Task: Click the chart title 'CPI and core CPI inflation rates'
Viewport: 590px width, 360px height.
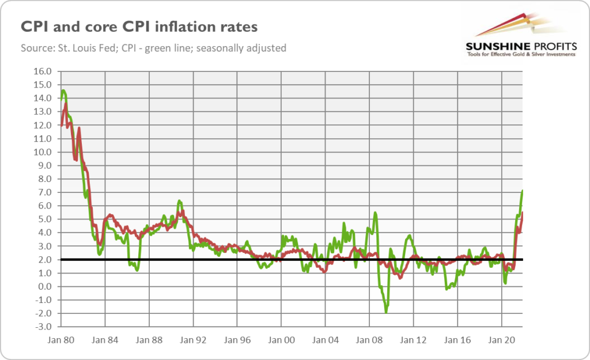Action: [139, 26]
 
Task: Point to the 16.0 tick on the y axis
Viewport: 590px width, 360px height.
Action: [43, 71]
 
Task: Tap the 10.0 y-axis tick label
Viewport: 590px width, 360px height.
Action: [43, 152]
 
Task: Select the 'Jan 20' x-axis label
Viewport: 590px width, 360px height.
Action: [501, 340]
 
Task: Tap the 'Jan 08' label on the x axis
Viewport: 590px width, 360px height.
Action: [369, 340]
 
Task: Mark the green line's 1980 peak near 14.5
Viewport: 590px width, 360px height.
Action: [63, 90]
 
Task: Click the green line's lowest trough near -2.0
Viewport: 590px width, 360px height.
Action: [386, 312]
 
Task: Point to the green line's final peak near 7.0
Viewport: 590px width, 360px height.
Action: [522, 191]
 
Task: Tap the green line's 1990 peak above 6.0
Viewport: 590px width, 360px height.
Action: [179, 200]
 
